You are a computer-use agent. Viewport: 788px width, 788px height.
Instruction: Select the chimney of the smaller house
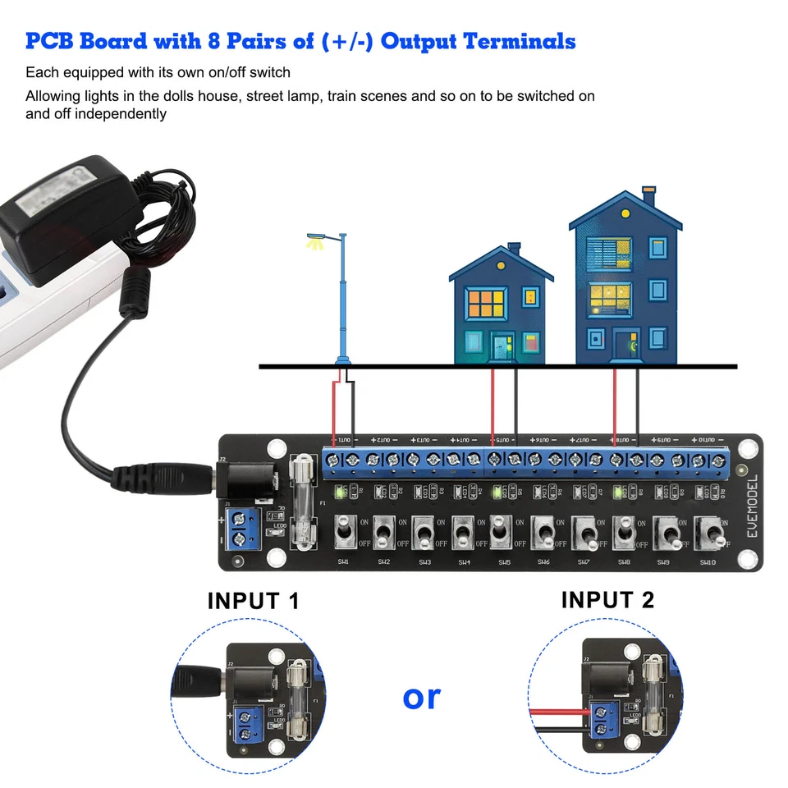pos(514,248)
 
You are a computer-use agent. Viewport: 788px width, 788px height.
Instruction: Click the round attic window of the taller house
pos(625,213)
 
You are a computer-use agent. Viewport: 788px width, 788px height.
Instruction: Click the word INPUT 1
pos(254,601)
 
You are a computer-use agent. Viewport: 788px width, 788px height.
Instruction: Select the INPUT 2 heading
pos(607,600)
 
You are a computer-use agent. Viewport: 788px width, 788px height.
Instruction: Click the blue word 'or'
pos(422,697)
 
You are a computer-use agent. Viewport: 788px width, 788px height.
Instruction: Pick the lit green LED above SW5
pos(495,492)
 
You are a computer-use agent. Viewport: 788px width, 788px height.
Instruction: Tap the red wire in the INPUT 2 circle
pos(558,712)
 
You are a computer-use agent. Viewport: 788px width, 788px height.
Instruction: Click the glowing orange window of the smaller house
pos(484,305)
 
